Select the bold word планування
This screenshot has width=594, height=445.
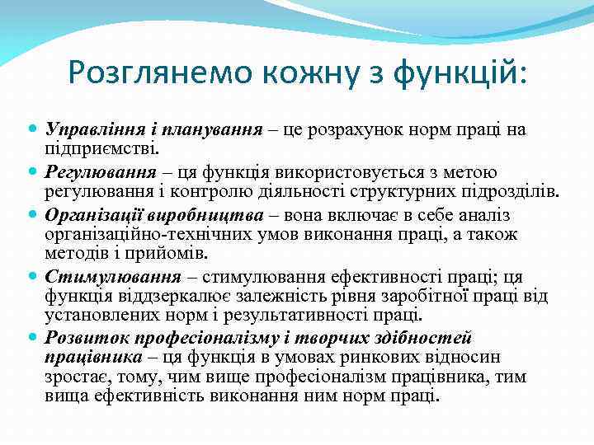210,129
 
